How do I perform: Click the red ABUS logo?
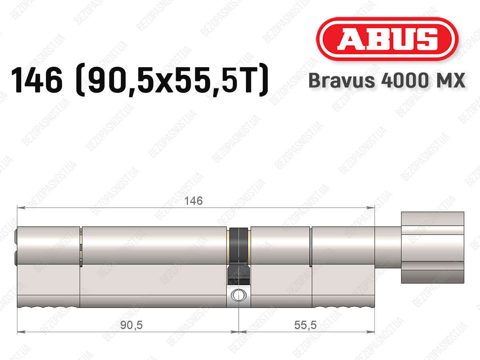(x=387, y=39)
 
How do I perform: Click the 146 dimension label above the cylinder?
(x=194, y=201)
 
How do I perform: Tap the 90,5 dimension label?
(x=132, y=325)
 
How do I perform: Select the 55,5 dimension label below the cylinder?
(x=305, y=325)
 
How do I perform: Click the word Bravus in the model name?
(x=342, y=80)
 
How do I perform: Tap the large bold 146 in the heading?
(x=37, y=80)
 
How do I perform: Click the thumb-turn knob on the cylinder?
(x=432, y=248)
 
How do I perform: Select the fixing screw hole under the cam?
(x=238, y=295)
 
